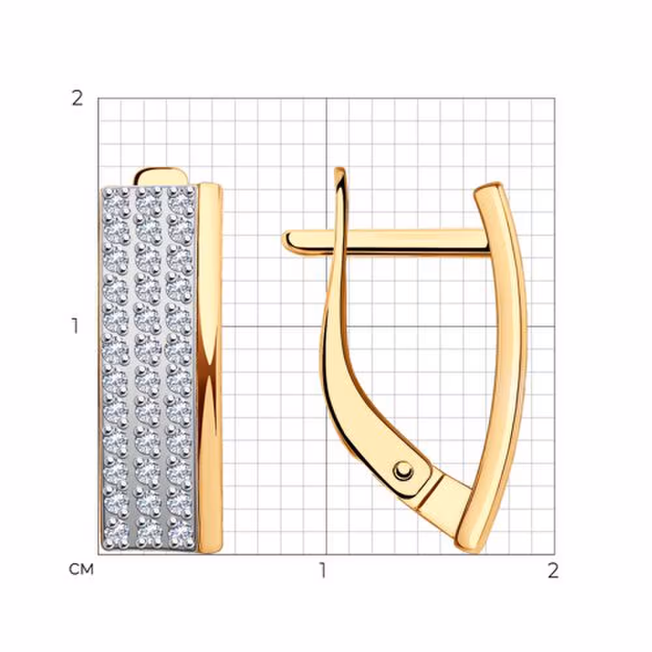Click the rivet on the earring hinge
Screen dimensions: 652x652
[402, 471]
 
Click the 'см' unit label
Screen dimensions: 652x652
[81, 569]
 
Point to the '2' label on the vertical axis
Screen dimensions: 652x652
[78, 98]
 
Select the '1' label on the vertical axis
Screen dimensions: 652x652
[75, 326]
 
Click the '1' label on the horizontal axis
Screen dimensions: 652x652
[323, 570]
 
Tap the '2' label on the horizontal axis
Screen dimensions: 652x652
[553, 570]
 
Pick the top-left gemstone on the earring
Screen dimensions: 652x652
[117, 201]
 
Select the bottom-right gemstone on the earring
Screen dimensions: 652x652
[181, 531]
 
